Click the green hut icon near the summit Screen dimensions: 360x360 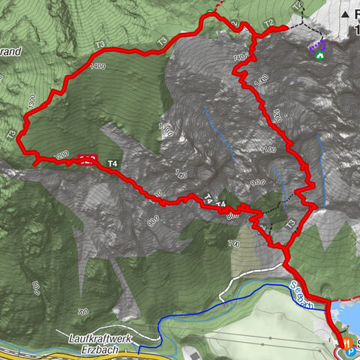(320, 55)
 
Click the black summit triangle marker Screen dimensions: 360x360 (346, 14)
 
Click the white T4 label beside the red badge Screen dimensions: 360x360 (113, 163)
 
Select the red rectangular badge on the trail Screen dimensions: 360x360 (86, 158)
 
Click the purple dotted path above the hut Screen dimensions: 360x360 (313, 46)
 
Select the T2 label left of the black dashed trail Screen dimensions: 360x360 (268, 22)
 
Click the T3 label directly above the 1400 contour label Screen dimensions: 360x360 (99, 45)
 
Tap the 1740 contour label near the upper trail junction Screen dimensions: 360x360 (240, 57)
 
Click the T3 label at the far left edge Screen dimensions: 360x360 (10, 135)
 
